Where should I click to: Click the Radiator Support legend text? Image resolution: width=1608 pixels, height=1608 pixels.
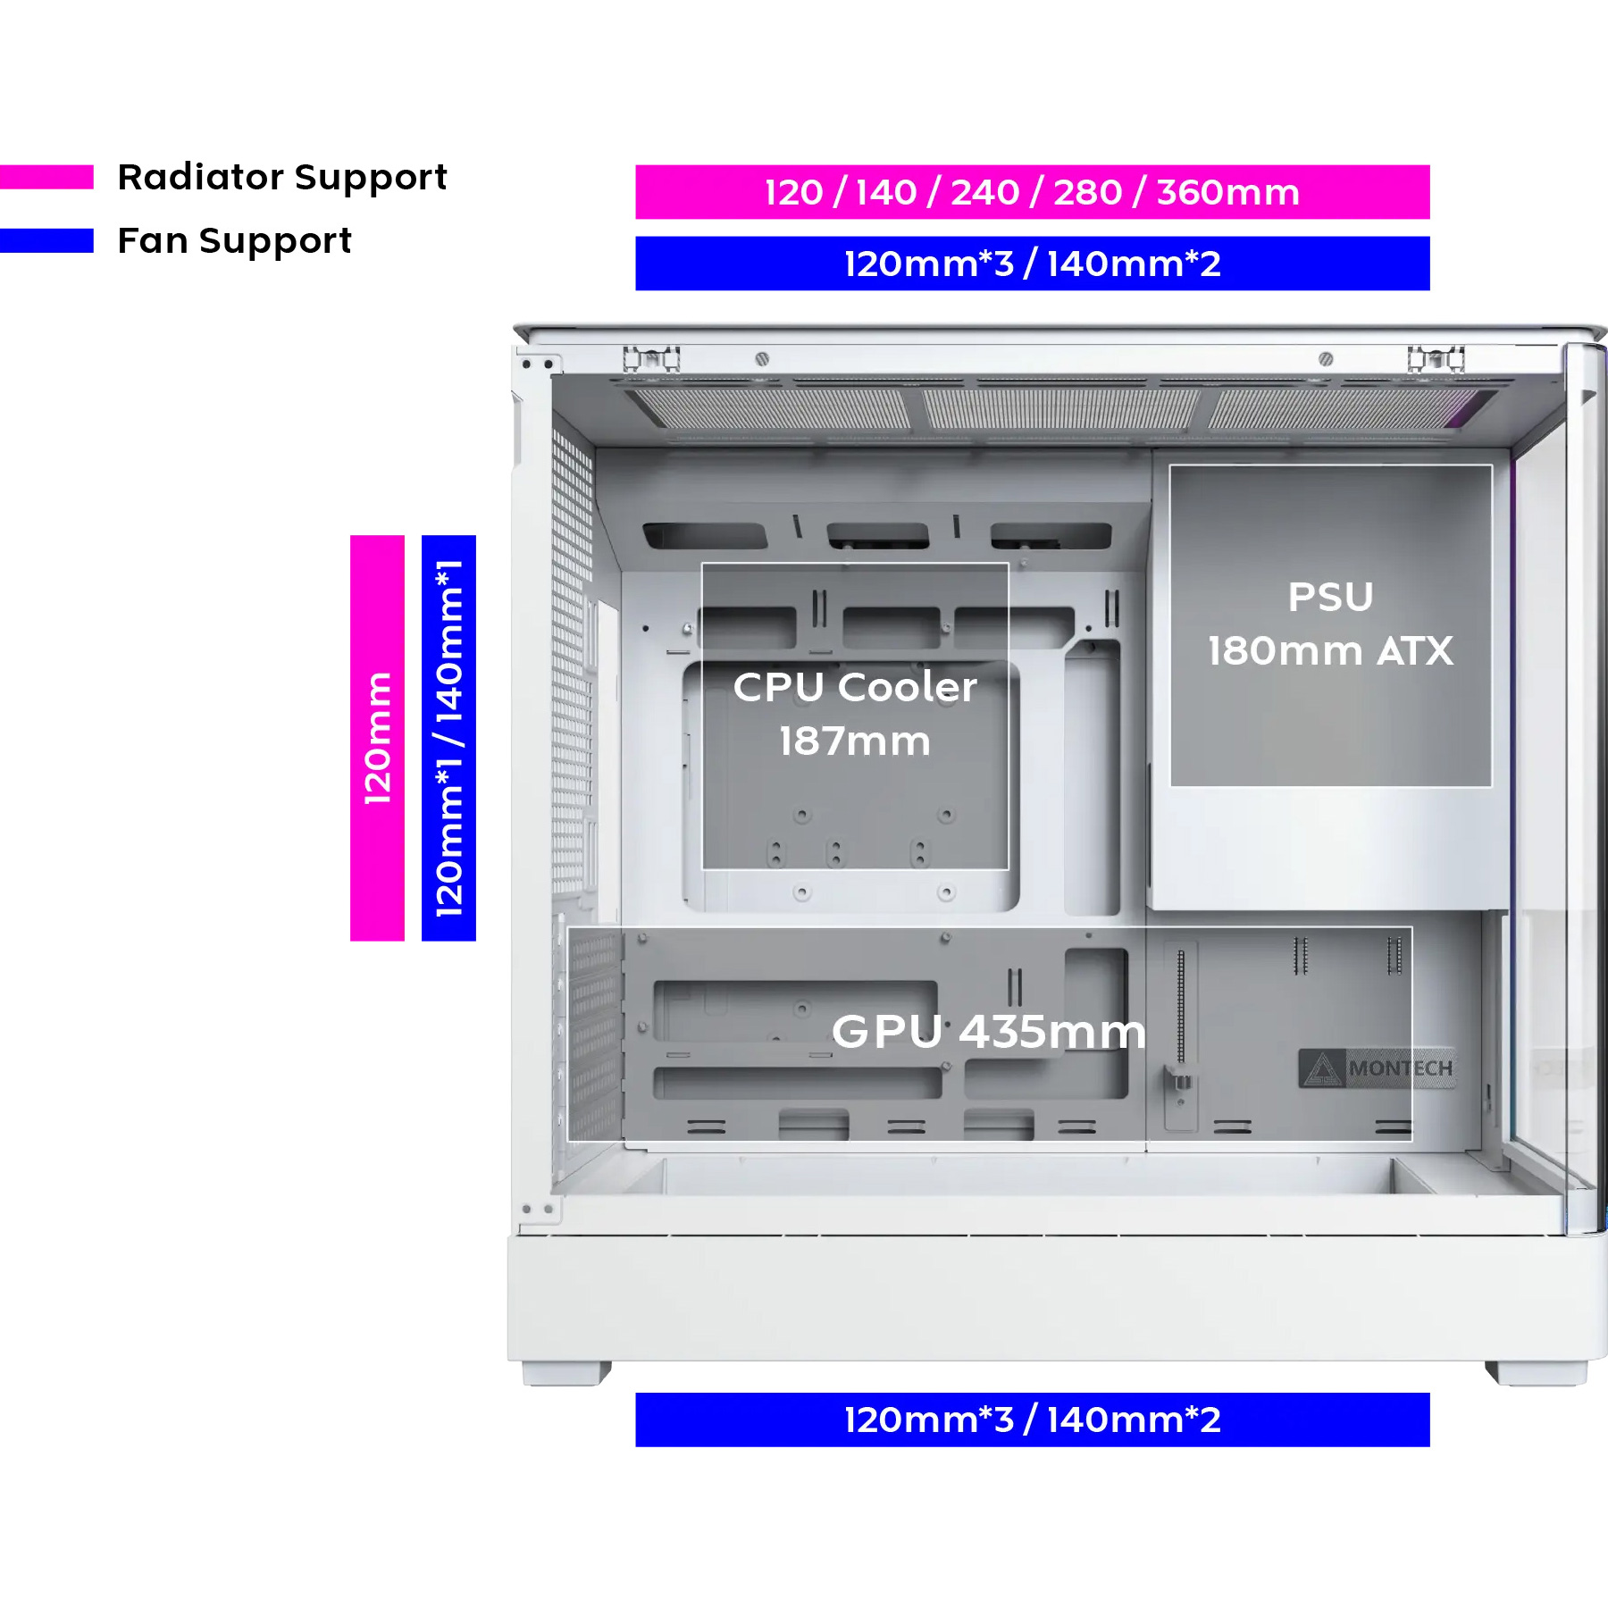pos(282,178)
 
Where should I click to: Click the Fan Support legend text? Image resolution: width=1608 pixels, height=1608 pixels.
pos(235,241)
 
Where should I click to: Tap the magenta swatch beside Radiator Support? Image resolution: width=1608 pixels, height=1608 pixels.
pos(46,177)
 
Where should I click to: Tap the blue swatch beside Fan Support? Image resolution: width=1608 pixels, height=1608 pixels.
pos(46,241)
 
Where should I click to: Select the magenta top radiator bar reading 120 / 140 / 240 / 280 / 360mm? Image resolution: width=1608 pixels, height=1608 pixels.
pos(1032,192)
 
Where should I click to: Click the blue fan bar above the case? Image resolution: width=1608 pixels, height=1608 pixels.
pos(1032,264)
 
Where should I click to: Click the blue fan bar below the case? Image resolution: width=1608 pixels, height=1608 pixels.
pos(1032,1420)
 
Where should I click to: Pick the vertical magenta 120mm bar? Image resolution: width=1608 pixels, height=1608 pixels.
pos(377,738)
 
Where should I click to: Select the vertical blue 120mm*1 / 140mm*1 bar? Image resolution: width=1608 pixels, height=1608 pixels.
pos(448,738)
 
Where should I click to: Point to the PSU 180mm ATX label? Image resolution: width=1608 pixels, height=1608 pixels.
pos(1330,624)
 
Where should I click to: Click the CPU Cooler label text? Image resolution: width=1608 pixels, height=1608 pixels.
pos(855,687)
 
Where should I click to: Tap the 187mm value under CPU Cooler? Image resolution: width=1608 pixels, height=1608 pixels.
pos(855,741)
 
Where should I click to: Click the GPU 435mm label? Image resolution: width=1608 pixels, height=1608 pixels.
pos(989,1032)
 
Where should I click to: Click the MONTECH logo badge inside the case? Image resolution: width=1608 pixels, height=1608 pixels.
pos(1377,1068)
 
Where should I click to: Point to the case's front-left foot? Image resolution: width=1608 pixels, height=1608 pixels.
pos(566,1373)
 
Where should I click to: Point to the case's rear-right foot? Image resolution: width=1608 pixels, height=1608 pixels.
pos(1536,1373)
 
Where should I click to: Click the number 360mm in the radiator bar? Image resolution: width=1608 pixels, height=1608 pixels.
pos(1228,193)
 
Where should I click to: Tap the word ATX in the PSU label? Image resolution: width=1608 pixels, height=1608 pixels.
pos(1415,652)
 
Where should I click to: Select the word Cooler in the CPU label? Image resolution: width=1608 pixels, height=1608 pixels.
pos(908,687)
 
